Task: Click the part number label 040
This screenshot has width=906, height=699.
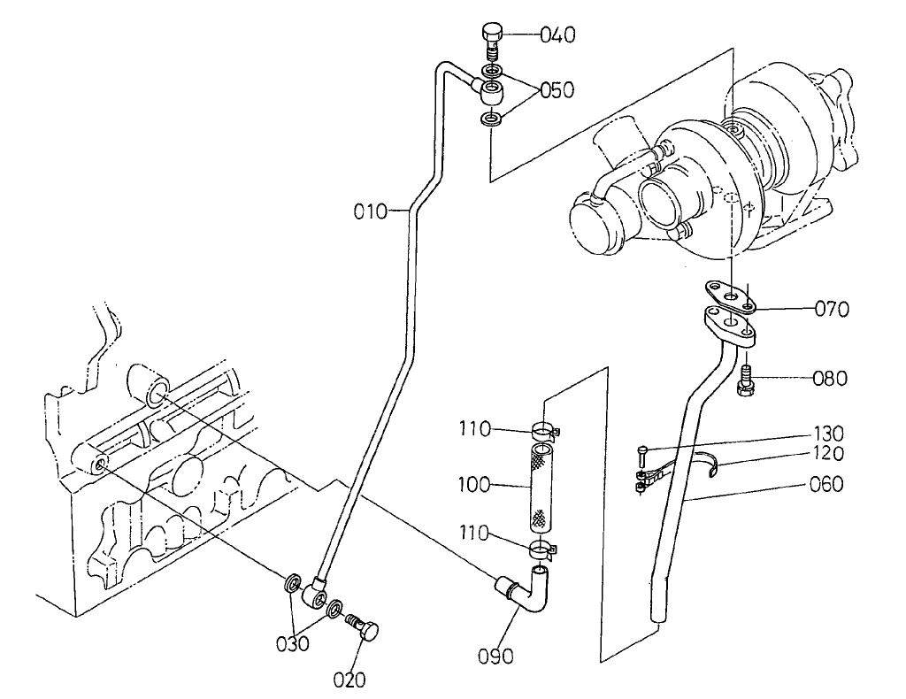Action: click(x=557, y=35)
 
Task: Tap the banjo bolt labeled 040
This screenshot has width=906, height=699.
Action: click(x=494, y=40)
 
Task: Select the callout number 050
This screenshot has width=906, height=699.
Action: click(x=557, y=90)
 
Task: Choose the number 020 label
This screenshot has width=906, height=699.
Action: click(x=349, y=680)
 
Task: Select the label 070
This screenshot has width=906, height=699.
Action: click(x=832, y=310)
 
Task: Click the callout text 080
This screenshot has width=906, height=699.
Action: click(x=830, y=379)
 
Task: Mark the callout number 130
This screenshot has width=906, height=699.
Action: click(x=830, y=434)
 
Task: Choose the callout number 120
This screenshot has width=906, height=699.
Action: click(x=830, y=453)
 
